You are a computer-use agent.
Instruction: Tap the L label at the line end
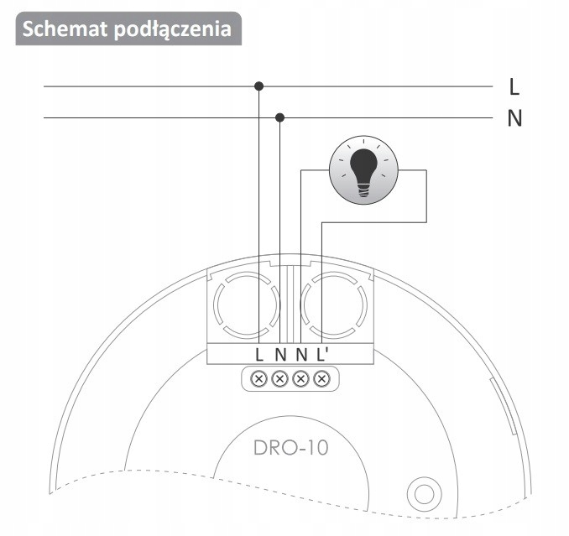(x=514, y=86)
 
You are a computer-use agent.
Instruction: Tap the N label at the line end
(x=514, y=117)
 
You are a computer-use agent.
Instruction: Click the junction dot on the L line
(x=259, y=86)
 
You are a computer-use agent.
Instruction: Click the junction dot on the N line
(x=280, y=117)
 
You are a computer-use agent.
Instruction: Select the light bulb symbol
(x=363, y=172)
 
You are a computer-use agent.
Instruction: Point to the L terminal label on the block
(x=259, y=354)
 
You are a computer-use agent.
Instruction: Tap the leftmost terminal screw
(x=259, y=379)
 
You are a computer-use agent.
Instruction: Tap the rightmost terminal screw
(x=321, y=379)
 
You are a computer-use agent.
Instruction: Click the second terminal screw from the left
(x=279, y=379)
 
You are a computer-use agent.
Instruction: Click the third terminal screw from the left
(x=300, y=379)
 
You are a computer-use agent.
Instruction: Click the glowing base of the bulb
(x=363, y=191)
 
